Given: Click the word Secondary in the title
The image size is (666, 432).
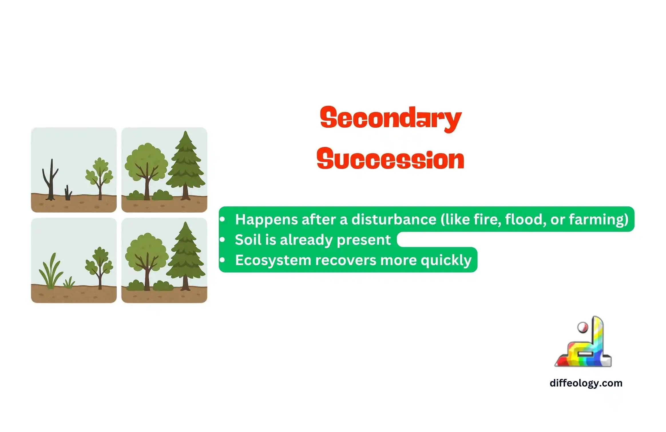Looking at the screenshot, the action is point(391,119).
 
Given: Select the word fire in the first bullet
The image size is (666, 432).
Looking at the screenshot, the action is point(487,219).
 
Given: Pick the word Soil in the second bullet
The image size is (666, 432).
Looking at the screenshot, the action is point(248,240).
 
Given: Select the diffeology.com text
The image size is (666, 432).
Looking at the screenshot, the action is point(586,383).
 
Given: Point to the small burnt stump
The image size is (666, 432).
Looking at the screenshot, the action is point(68,193).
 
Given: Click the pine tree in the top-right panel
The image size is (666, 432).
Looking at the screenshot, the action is point(186,165).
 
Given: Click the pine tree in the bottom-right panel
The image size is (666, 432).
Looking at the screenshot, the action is point(186,256).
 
